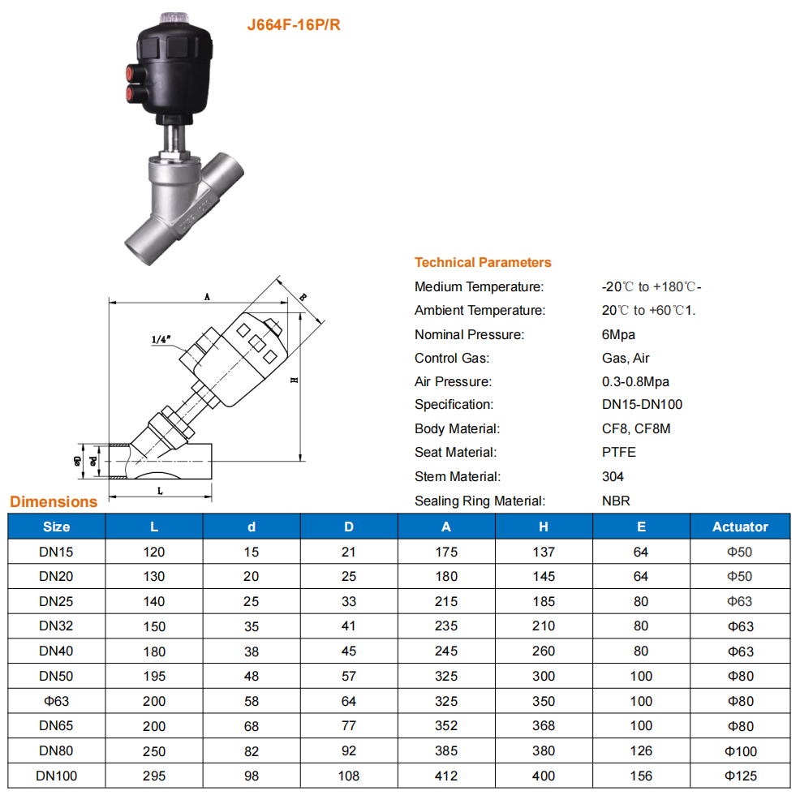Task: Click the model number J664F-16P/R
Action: pyautogui.click(x=294, y=24)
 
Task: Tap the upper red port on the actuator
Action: pyautogui.click(x=133, y=72)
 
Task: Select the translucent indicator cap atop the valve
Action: pyautogui.click(x=174, y=18)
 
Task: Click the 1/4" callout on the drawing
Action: pyautogui.click(x=161, y=339)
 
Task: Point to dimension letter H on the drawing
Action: pyautogui.click(x=294, y=381)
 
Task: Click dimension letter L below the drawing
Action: pyautogui.click(x=160, y=491)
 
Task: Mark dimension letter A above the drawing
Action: pyautogui.click(x=207, y=296)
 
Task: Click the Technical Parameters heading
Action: pyautogui.click(x=483, y=263)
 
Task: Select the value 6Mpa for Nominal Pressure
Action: pyautogui.click(x=618, y=335)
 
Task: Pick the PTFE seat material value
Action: pyautogui.click(x=619, y=452)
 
